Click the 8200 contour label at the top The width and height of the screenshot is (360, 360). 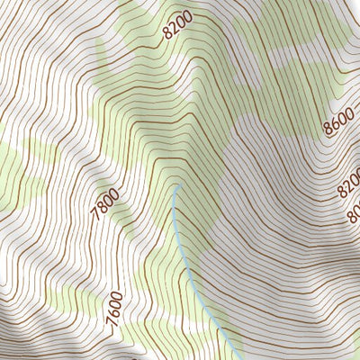pyautogui.click(x=179, y=28)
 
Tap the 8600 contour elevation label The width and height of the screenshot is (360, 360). pyautogui.click(x=339, y=121)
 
